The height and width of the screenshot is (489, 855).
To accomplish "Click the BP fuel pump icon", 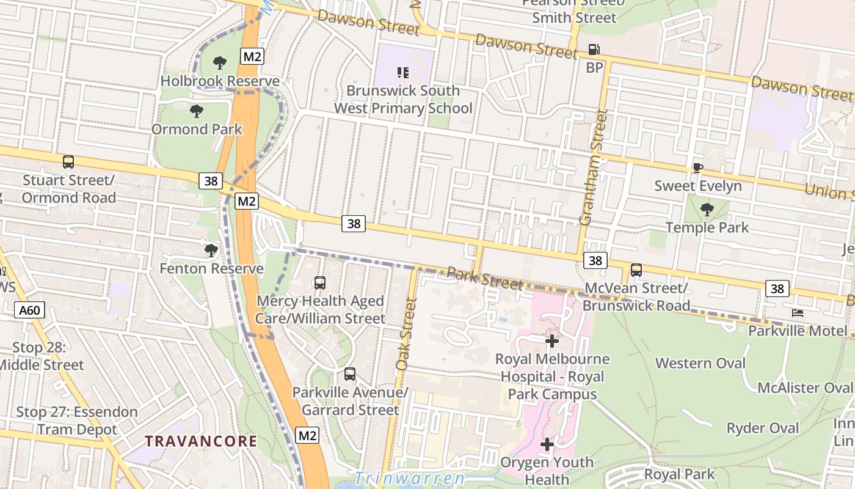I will [593, 50].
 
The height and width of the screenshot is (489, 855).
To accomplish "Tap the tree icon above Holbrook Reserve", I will [220, 62].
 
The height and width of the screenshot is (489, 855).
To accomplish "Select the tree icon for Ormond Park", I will [196, 111].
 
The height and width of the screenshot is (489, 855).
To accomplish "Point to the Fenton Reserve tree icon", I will [211, 250].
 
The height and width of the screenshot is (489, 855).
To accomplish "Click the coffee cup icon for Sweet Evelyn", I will [698, 167].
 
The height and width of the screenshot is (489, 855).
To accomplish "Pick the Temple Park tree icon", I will [707, 210].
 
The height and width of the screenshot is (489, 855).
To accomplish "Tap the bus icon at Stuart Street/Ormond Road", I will [68, 162].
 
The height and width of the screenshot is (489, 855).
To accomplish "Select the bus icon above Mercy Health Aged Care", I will [319, 282].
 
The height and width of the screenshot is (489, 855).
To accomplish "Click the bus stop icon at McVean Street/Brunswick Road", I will [636, 270].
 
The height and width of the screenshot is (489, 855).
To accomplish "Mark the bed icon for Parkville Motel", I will [797, 312].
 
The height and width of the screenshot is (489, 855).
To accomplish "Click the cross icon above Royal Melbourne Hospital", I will [552, 340].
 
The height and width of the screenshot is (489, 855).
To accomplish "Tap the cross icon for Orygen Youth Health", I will [547, 444].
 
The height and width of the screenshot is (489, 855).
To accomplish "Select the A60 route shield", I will [29, 311].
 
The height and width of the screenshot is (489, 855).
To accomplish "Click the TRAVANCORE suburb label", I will [200, 441].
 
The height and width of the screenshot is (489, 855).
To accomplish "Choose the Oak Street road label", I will [406, 334].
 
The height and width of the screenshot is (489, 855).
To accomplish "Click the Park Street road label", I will [485, 278].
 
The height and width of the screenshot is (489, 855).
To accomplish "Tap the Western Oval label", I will [700, 363].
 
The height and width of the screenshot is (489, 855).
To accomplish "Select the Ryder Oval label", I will [762, 428].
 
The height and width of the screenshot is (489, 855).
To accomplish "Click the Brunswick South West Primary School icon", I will [402, 73].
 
